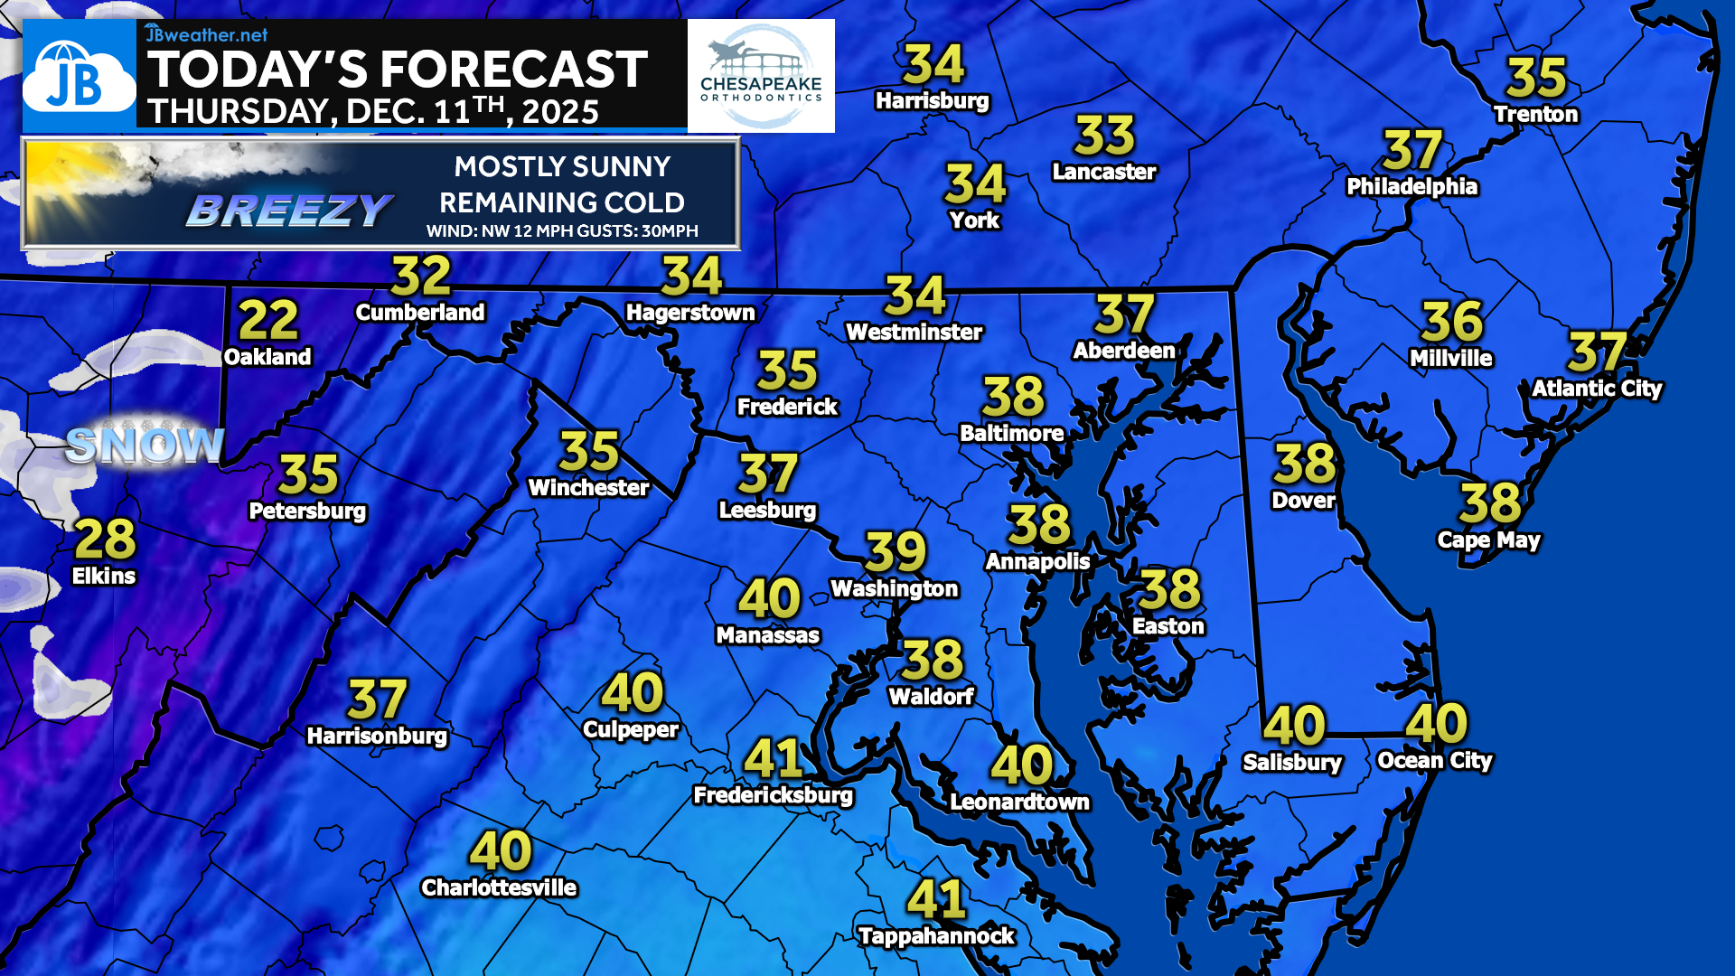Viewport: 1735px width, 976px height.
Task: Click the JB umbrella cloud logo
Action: (x=79, y=77)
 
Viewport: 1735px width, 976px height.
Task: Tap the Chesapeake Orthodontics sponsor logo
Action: (x=761, y=77)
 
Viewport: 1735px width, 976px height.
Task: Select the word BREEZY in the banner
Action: (x=289, y=211)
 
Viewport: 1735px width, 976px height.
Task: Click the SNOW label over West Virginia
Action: (x=145, y=445)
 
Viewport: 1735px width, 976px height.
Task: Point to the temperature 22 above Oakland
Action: (x=268, y=320)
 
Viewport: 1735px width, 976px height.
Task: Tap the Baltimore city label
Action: (x=1011, y=434)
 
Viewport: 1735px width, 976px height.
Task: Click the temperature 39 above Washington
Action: (x=896, y=551)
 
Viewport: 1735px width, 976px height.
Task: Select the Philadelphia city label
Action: (x=1411, y=187)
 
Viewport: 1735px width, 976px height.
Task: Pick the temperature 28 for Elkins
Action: (x=105, y=540)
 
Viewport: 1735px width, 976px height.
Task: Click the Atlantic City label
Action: (x=1597, y=389)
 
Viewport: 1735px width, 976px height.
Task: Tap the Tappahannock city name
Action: (x=936, y=936)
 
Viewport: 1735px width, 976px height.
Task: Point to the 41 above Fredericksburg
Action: (x=774, y=758)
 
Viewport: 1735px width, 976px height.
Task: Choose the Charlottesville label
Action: (x=499, y=887)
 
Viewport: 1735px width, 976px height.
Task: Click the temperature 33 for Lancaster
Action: (x=1104, y=136)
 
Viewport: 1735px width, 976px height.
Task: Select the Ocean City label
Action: (x=1434, y=761)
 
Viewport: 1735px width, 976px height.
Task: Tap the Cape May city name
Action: (x=1488, y=540)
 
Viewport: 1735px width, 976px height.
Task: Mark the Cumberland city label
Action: (x=420, y=313)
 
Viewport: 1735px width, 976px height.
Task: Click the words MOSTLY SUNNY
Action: (x=562, y=167)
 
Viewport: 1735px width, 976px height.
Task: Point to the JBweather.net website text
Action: (x=207, y=34)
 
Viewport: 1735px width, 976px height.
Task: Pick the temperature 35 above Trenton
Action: (x=1536, y=78)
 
